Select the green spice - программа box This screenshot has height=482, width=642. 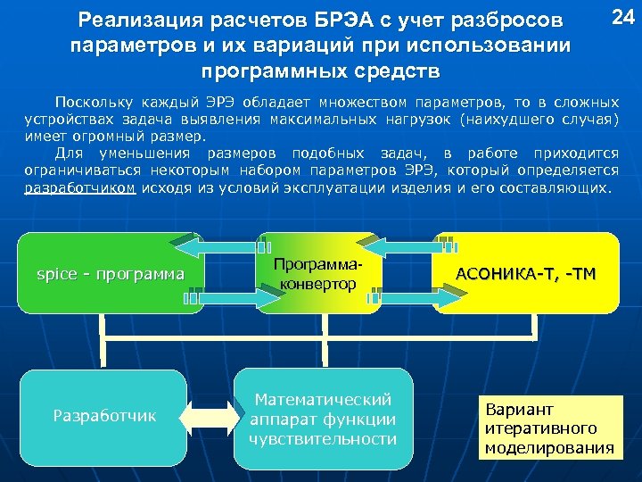[111, 273]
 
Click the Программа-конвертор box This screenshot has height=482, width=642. [318, 273]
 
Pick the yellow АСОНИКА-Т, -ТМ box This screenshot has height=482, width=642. [525, 273]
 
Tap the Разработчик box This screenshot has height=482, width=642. [103, 415]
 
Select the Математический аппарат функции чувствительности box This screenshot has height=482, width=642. [322, 419]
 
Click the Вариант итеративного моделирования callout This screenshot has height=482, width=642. [548, 428]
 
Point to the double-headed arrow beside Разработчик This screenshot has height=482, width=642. [210, 416]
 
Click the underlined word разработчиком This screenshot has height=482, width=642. [80, 188]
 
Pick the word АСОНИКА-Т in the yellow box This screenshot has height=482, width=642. [502, 272]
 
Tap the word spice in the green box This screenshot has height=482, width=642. [55, 273]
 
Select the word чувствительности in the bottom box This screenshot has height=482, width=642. [322, 438]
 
